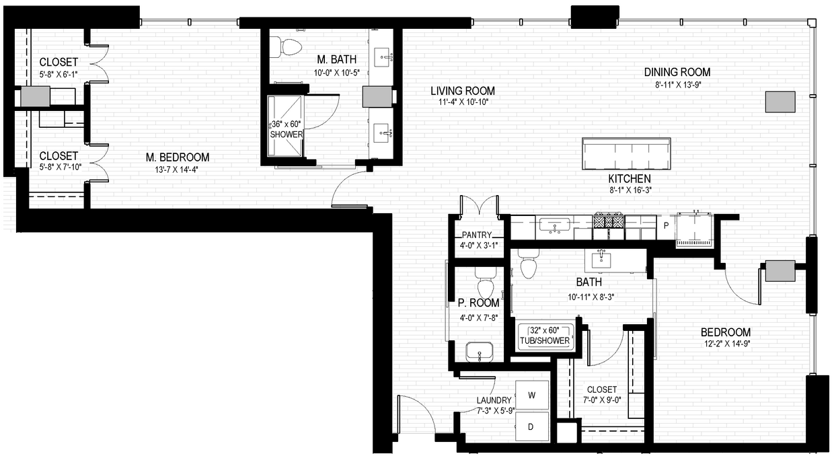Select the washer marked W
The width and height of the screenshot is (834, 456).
(531, 395)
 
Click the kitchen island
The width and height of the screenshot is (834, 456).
(626, 155)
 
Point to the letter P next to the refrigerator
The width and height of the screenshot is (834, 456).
(666, 226)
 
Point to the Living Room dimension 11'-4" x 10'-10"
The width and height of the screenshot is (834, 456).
(463, 102)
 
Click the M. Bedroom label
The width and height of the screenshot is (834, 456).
(178, 157)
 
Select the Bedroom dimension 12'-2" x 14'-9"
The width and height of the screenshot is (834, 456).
(726, 344)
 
